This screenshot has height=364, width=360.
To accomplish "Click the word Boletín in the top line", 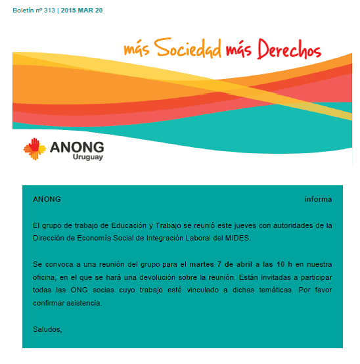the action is [x=24, y=11].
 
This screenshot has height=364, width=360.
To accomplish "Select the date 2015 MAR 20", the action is [x=81, y=11].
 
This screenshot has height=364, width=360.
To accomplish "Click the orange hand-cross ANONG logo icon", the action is [x=35, y=148].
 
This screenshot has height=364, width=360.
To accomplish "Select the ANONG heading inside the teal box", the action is [x=47, y=199].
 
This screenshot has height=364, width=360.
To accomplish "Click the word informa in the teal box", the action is [x=318, y=199].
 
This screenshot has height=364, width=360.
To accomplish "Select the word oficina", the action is [x=46, y=277].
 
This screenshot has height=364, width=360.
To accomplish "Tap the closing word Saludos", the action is [x=47, y=329].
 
